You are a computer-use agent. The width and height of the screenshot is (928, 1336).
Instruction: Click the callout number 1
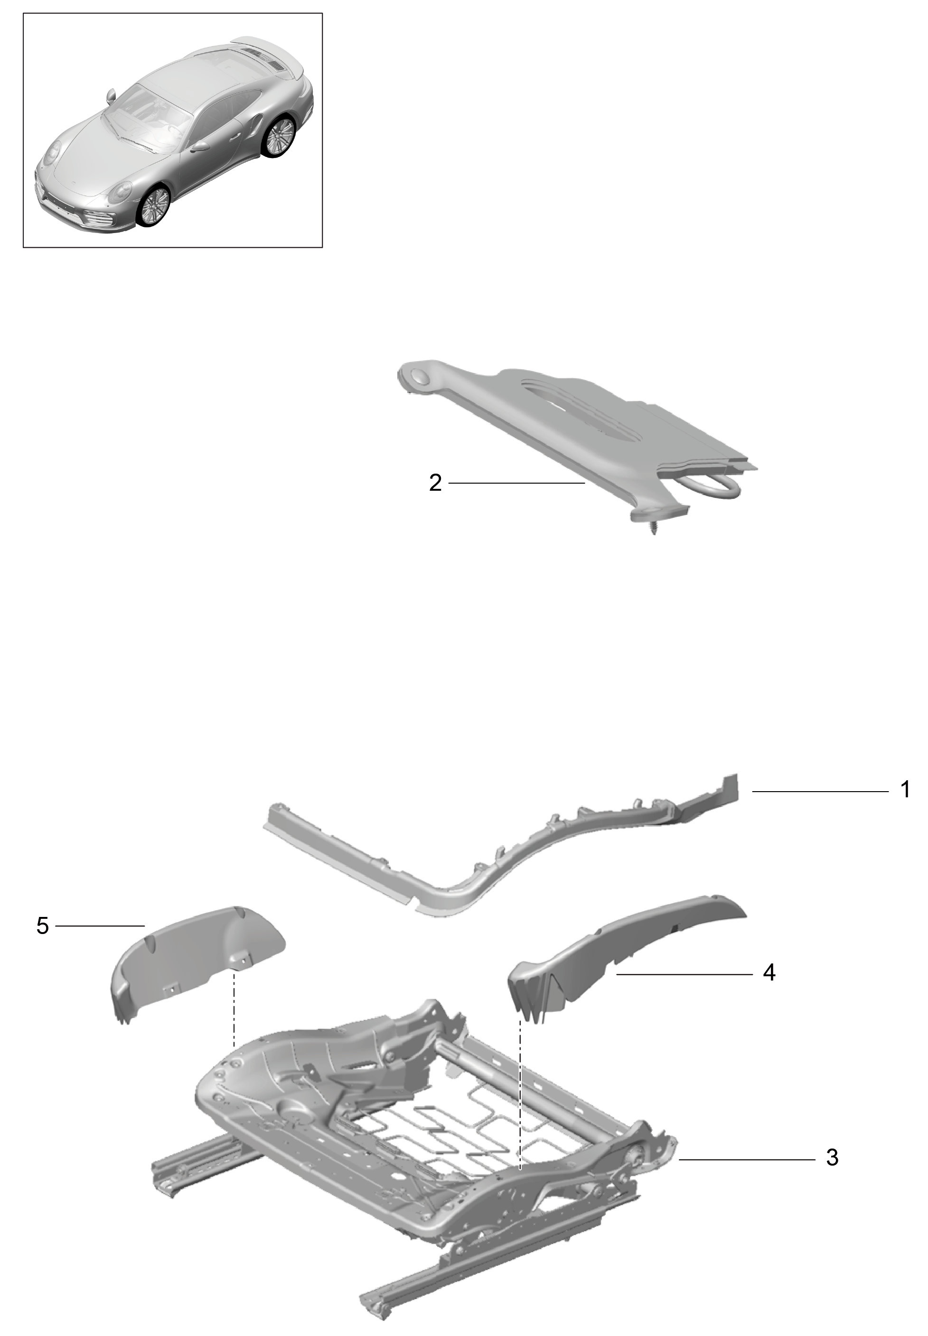[x=905, y=790]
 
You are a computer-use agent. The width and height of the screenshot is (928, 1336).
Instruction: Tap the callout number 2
[x=435, y=483]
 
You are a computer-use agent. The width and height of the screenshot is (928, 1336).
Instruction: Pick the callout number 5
[x=42, y=925]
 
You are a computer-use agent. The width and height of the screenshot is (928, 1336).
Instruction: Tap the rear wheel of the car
[x=280, y=136]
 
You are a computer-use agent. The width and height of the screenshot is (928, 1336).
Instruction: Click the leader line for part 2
[x=516, y=483]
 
